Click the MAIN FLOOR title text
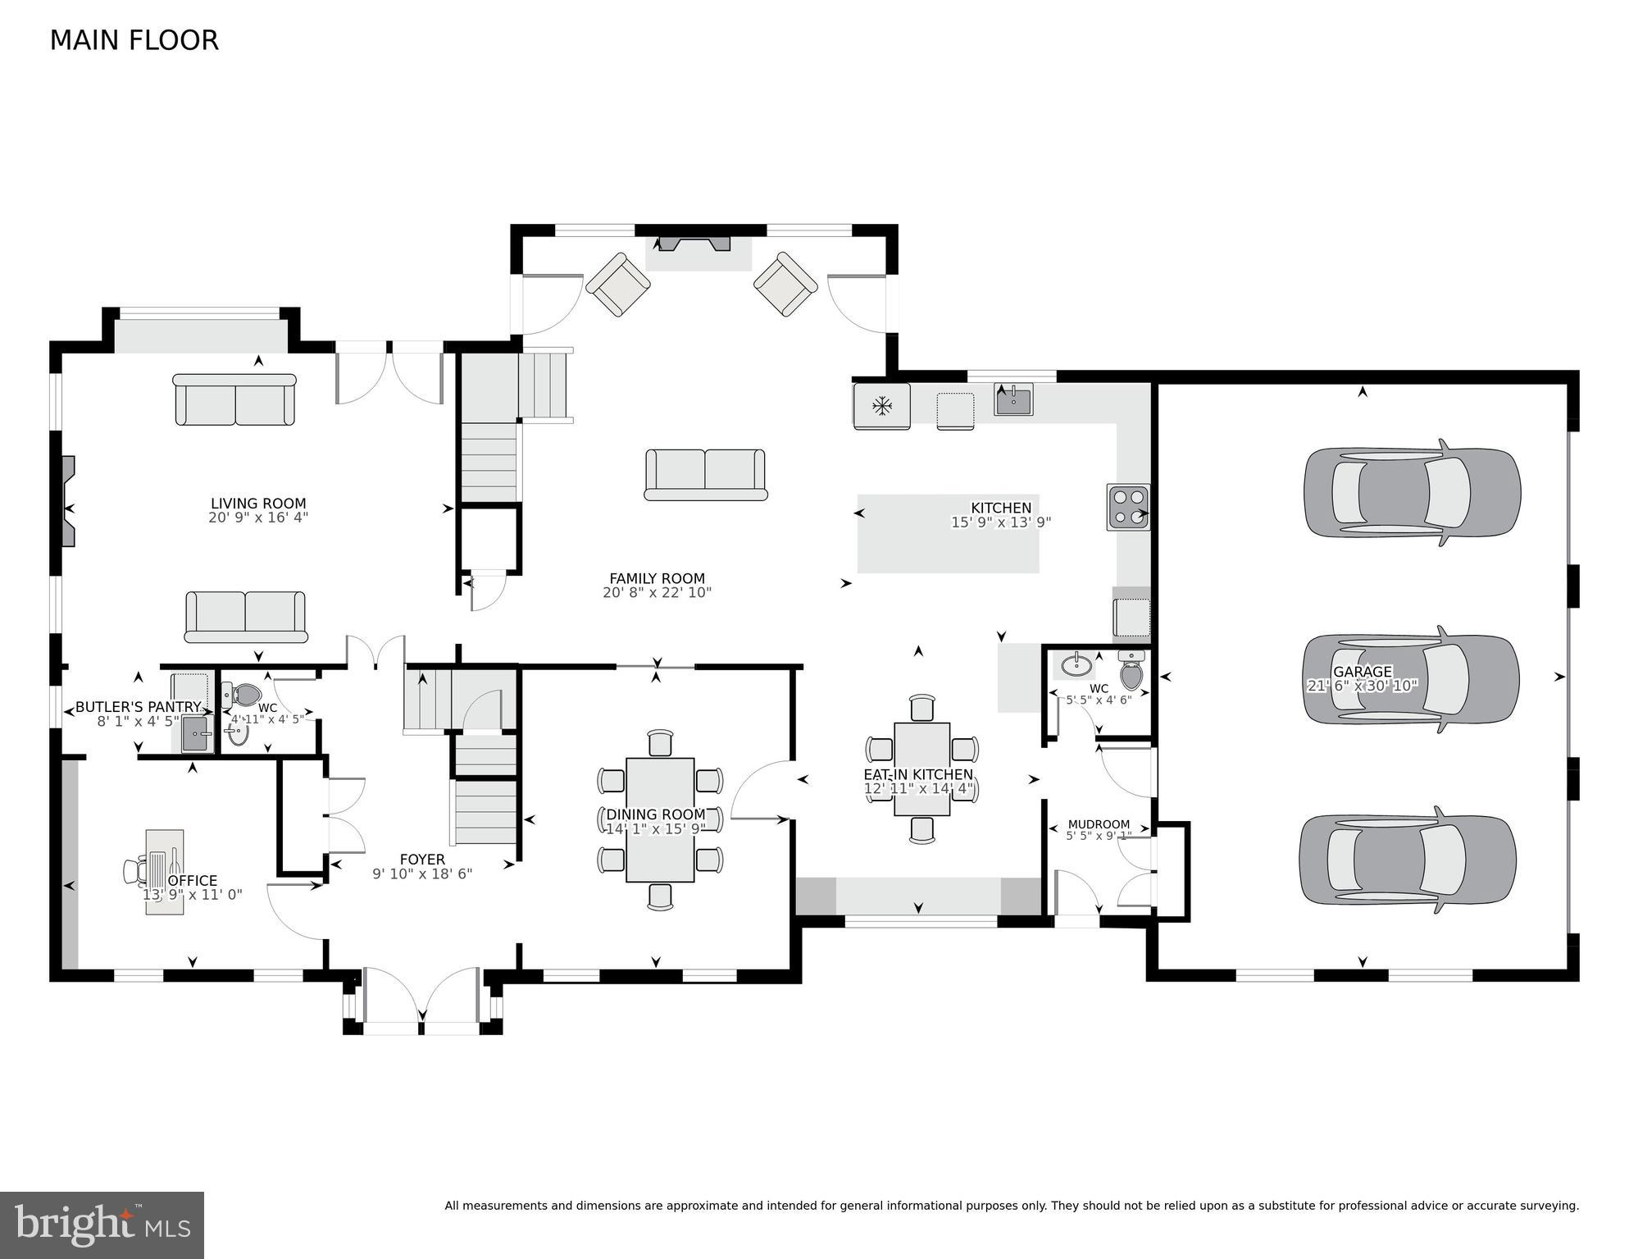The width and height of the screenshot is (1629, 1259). [134, 40]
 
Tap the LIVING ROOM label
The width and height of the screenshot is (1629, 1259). [258, 504]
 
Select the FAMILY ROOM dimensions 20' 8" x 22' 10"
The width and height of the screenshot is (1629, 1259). [657, 592]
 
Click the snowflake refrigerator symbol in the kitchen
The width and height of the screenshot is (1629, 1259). [882, 405]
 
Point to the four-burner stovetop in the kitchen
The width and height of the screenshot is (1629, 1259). [1128, 507]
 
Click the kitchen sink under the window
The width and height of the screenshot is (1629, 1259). [1013, 400]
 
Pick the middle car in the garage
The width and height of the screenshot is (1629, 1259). [1411, 679]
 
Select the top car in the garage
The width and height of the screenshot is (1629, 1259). [1413, 492]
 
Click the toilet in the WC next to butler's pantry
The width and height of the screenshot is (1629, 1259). [245, 696]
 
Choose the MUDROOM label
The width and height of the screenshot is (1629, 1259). [1099, 824]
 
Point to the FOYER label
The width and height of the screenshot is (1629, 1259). [422, 860]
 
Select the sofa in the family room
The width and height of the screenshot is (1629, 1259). [706, 474]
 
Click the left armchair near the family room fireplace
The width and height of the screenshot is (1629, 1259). [617, 284]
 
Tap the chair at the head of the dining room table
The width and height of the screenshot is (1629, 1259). [660, 741]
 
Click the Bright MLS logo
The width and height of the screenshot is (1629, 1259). [102, 1225]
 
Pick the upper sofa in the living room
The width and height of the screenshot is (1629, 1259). [235, 399]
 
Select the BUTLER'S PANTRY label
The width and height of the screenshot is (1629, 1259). [138, 707]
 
